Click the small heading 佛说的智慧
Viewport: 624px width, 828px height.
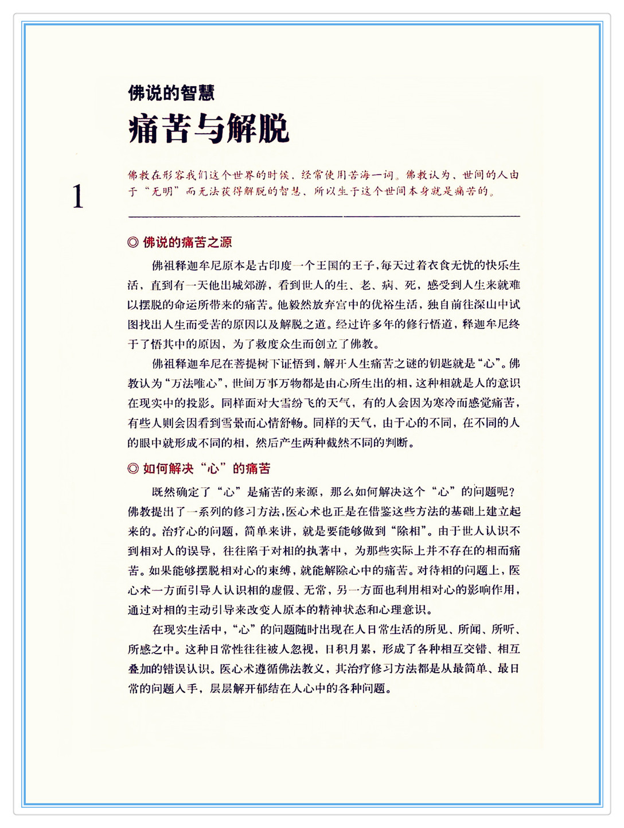click(171, 93)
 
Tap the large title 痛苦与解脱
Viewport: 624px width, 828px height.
click(209, 129)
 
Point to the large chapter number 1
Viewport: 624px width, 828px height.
click(78, 197)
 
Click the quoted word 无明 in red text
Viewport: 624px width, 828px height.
click(162, 191)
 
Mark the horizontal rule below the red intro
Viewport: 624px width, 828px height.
click(324, 216)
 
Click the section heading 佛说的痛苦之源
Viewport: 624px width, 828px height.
click(187, 242)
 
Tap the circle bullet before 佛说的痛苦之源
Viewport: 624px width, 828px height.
click(133, 242)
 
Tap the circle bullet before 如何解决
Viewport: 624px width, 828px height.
click(133, 468)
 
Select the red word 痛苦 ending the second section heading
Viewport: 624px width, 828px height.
click(258, 468)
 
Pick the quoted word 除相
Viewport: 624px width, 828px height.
click(411, 531)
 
